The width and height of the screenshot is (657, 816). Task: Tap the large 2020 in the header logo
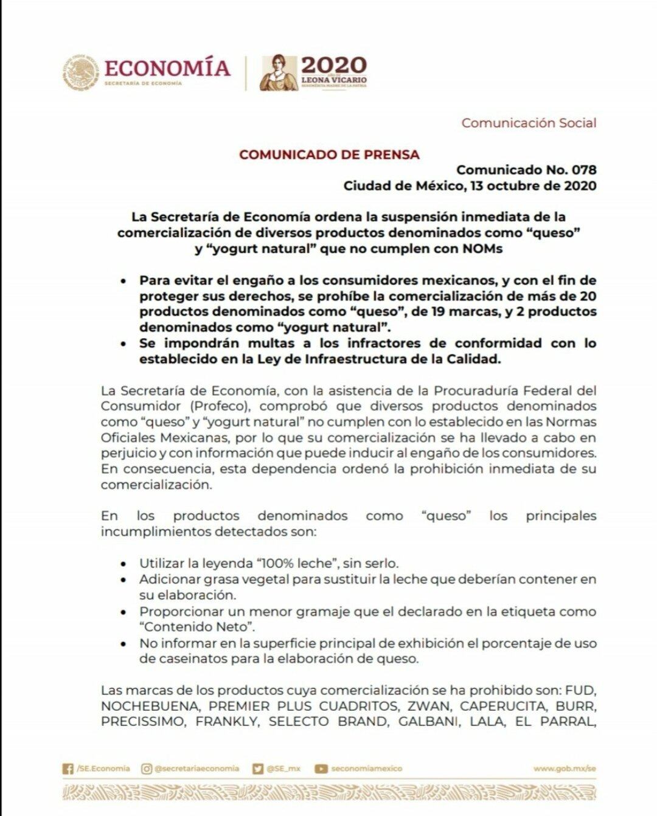click(334, 64)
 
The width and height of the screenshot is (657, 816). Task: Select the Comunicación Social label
click(529, 123)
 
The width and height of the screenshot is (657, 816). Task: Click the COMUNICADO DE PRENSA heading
click(329, 154)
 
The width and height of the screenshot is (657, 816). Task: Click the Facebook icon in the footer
click(68, 769)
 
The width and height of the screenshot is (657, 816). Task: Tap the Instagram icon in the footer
click(147, 769)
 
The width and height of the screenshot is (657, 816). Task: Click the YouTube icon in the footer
click(321, 769)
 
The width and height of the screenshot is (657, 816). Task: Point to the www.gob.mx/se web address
click(564, 769)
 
